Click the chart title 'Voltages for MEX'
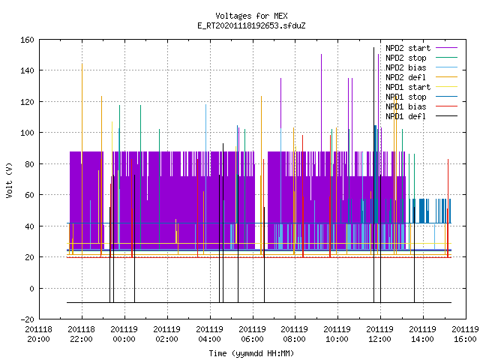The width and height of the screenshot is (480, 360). click(x=251, y=16)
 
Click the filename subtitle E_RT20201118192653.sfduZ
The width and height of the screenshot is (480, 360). click(x=251, y=25)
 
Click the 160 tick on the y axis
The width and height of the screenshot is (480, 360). click(x=27, y=40)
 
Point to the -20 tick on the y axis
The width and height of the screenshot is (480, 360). click(x=27, y=319)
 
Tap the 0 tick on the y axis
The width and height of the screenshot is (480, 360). click(x=31, y=288)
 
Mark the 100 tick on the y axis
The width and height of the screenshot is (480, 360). click(x=27, y=133)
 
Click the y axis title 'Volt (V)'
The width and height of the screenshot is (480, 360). click(x=9, y=180)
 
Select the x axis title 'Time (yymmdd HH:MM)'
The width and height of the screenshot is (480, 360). click(x=251, y=353)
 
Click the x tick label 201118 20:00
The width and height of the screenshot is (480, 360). click(x=38, y=334)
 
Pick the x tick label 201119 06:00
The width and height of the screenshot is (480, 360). click(x=252, y=334)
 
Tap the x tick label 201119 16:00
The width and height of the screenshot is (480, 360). click(x=465, y=334)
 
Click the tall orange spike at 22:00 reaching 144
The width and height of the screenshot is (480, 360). click(x=82, y=159)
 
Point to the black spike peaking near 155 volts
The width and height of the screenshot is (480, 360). click(x=373, y=175)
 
